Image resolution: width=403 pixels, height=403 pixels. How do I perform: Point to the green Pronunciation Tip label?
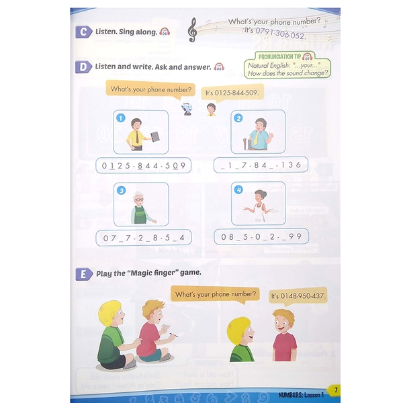click(285, 57)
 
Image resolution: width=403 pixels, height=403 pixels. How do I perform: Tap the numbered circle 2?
click(237, 118)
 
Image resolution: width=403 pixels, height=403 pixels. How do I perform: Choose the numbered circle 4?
click(237, 190)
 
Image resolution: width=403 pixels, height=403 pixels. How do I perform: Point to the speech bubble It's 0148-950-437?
click(298, 295)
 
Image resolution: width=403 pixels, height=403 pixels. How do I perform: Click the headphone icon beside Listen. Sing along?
click(165, 32)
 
